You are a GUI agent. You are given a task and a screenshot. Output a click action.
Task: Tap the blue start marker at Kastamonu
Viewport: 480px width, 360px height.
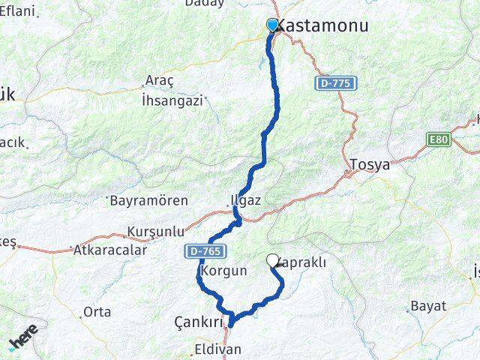click(272, 25)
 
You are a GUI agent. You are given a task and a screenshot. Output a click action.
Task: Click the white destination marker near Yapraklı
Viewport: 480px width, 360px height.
click(272, 260)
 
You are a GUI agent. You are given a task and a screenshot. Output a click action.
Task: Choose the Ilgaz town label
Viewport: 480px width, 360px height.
click(245, 200)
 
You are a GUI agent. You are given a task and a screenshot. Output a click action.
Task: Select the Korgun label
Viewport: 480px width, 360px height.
click(224, 271)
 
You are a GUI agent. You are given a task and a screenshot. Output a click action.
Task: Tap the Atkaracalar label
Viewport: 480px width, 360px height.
click(109, 250)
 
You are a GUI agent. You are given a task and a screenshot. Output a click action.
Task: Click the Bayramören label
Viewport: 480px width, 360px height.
click(148, 201)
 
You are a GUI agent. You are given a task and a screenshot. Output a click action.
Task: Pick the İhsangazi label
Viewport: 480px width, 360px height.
click(172, 100)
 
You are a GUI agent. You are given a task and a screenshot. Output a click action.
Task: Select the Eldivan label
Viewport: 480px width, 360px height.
click(217, 349)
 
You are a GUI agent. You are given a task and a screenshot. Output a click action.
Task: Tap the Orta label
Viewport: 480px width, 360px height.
click(97, 311)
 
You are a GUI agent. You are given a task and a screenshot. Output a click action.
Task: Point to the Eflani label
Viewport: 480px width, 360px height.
click(17, 10)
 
